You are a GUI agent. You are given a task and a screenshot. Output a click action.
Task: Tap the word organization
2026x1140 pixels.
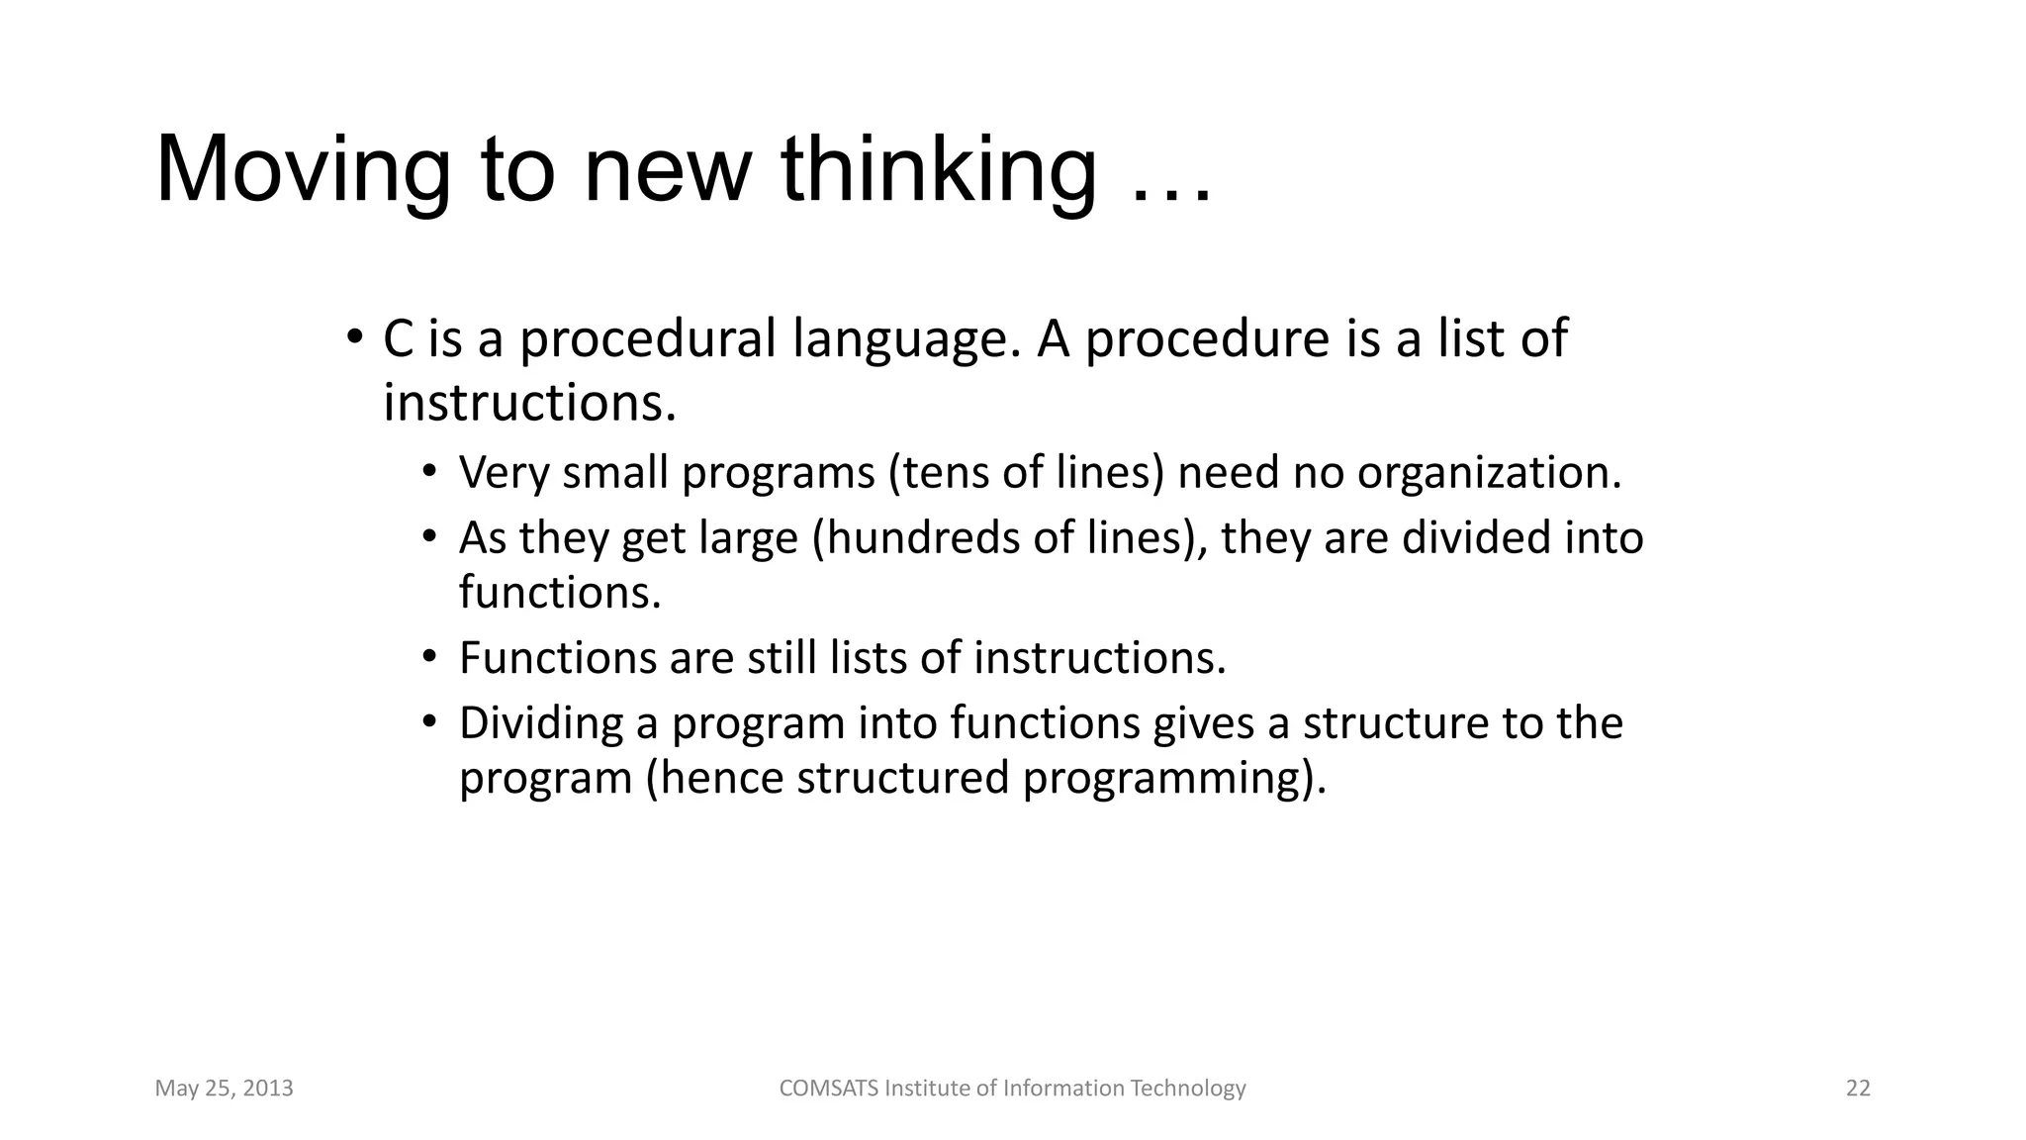(1488, 473)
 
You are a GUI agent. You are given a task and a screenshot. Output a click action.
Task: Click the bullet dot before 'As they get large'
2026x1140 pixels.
(428, 536)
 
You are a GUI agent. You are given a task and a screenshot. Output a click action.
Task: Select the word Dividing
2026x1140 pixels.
(541, 724)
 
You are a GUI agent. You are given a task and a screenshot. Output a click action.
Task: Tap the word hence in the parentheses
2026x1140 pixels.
(720, 778)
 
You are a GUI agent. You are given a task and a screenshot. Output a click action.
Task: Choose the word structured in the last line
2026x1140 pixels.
(902, 778)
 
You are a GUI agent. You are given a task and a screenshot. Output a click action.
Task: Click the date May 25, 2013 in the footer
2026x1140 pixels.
(225, 1089)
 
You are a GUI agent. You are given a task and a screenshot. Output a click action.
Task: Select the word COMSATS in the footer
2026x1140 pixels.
(828, 1089)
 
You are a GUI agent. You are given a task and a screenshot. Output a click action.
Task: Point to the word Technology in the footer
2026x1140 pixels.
(1187, 1089)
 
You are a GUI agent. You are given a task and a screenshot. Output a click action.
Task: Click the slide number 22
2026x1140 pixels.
(1858, 1089)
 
